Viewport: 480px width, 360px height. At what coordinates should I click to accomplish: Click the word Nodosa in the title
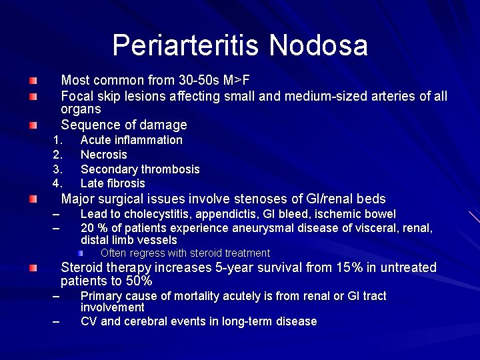[319, 45]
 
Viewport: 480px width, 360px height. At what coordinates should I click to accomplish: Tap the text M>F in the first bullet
[237, 81]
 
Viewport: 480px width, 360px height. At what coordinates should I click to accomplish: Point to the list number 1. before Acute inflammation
[57, 140]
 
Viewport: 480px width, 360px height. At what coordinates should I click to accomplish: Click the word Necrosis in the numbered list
[103, 155]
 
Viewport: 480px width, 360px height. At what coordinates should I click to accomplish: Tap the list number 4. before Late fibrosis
[57, 183]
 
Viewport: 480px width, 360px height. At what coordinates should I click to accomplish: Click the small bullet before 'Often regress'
[80, 253]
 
